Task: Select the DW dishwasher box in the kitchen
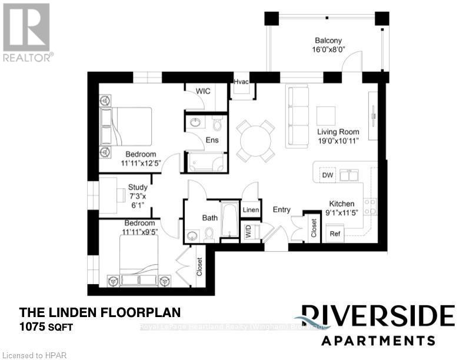pos(327,175)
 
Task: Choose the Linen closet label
pos(250,210)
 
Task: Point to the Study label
pos(138,188)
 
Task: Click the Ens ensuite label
pos(212,140)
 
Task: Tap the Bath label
pos(210,218)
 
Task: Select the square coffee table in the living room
pos(326,115)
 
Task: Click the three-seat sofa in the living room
pos(298,116)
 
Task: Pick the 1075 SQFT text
pos(46,327)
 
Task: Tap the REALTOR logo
pos(27,32)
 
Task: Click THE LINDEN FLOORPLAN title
pos(99,312)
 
